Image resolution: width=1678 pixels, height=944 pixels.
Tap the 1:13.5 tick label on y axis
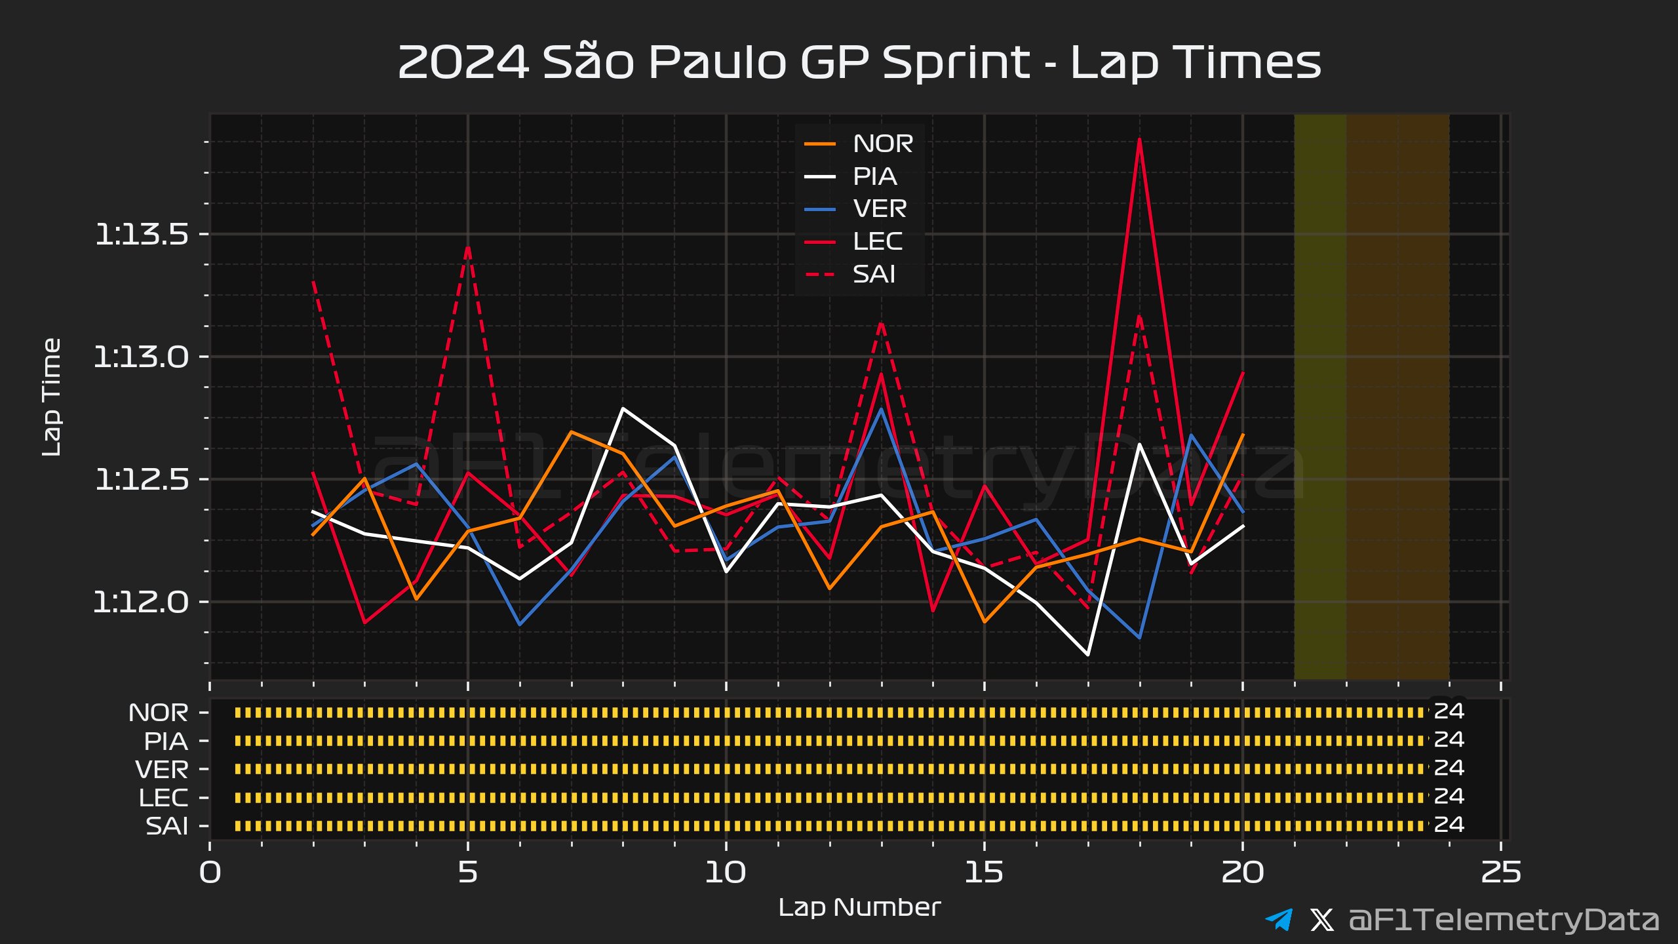142,234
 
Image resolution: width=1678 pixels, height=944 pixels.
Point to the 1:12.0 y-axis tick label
142,602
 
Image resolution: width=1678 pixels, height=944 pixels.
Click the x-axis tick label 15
984,873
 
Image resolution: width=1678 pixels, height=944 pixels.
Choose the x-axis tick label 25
1500,873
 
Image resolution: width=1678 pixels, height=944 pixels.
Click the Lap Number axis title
859,907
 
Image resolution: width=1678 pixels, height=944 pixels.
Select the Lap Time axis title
51,397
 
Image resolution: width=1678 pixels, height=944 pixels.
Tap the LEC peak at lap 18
1140,140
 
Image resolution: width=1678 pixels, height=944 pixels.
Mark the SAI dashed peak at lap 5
468,248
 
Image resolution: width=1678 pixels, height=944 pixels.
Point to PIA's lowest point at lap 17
1088,654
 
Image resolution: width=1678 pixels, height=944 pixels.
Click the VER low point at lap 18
1140,637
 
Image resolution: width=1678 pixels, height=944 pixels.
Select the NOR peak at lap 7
572,432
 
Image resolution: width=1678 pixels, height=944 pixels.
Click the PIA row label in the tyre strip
166,741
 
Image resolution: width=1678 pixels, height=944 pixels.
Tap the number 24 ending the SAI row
1449,825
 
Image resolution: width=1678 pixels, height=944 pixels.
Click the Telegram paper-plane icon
1279,920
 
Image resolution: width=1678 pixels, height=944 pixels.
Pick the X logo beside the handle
1321,920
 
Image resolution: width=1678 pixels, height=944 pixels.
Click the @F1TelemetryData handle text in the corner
1504,920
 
